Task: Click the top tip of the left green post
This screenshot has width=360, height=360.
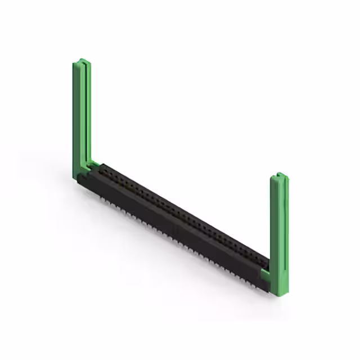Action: pos(82,61)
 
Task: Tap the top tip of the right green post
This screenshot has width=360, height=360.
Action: pos(279,175)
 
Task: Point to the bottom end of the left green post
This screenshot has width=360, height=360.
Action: pos(80,179)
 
